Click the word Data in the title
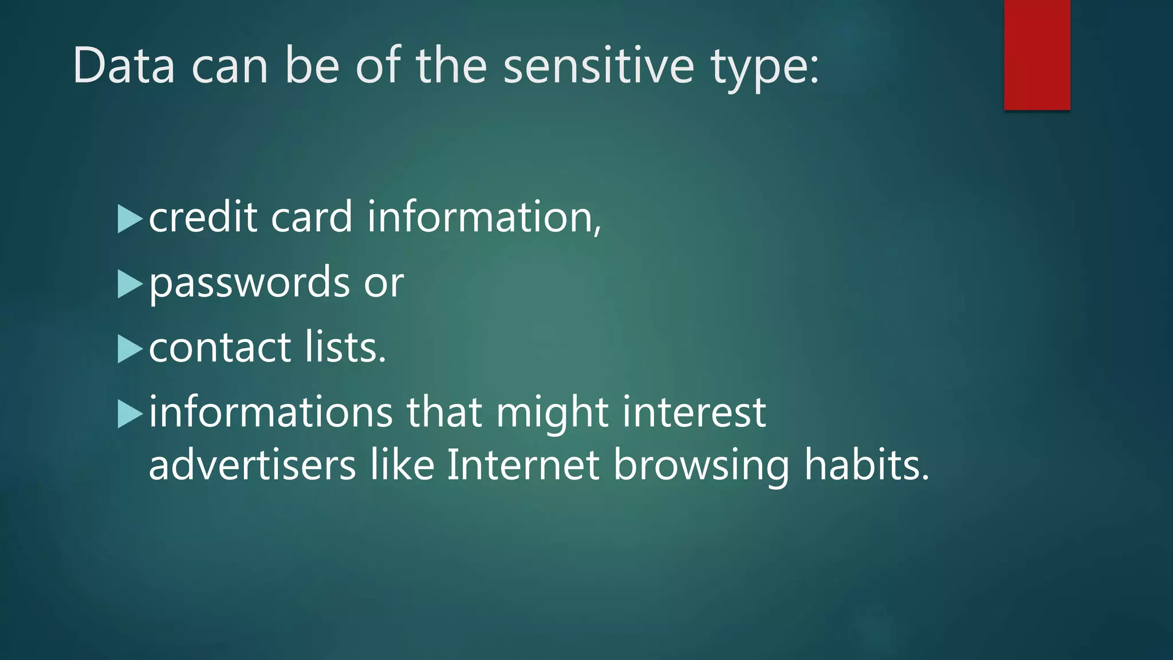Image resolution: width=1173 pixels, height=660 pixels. point(124,66)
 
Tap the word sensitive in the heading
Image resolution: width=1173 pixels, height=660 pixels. point(599,66)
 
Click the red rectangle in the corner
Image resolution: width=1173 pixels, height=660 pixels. point(1037,55)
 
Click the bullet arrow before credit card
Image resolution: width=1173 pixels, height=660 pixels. point(129,219)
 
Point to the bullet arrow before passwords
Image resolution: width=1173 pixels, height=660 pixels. point(129,284)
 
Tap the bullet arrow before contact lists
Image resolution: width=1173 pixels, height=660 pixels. point(129,349)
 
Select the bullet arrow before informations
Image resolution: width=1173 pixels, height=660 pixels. point(129,414)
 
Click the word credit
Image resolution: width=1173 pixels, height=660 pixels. point(203,218)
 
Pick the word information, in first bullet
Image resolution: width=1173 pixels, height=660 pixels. point(484,218)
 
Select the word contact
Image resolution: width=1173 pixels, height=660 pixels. point(219,348)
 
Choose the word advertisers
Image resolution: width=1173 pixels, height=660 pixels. point(252,465)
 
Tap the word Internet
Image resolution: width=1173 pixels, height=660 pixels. point(523,465)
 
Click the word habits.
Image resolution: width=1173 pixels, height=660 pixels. point(866,465)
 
